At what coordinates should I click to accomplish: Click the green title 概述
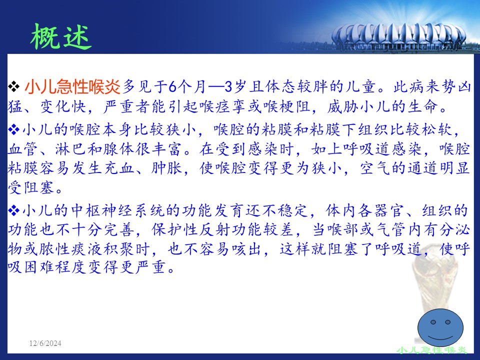coord(61,36)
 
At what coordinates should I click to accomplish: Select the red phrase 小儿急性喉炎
coord(72,86)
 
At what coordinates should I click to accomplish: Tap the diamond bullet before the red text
coord(14,86)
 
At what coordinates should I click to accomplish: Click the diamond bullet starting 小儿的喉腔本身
coord(14,129)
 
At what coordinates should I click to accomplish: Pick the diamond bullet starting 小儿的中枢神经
coord(14,210)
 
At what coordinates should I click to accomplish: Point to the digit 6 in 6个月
coord(172,87)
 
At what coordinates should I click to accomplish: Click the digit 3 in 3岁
coord(228,87)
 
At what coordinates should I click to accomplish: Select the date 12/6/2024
coord(45,343)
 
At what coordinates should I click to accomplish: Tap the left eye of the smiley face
coord(433,322)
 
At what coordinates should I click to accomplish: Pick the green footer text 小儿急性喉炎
coord(432,350)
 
